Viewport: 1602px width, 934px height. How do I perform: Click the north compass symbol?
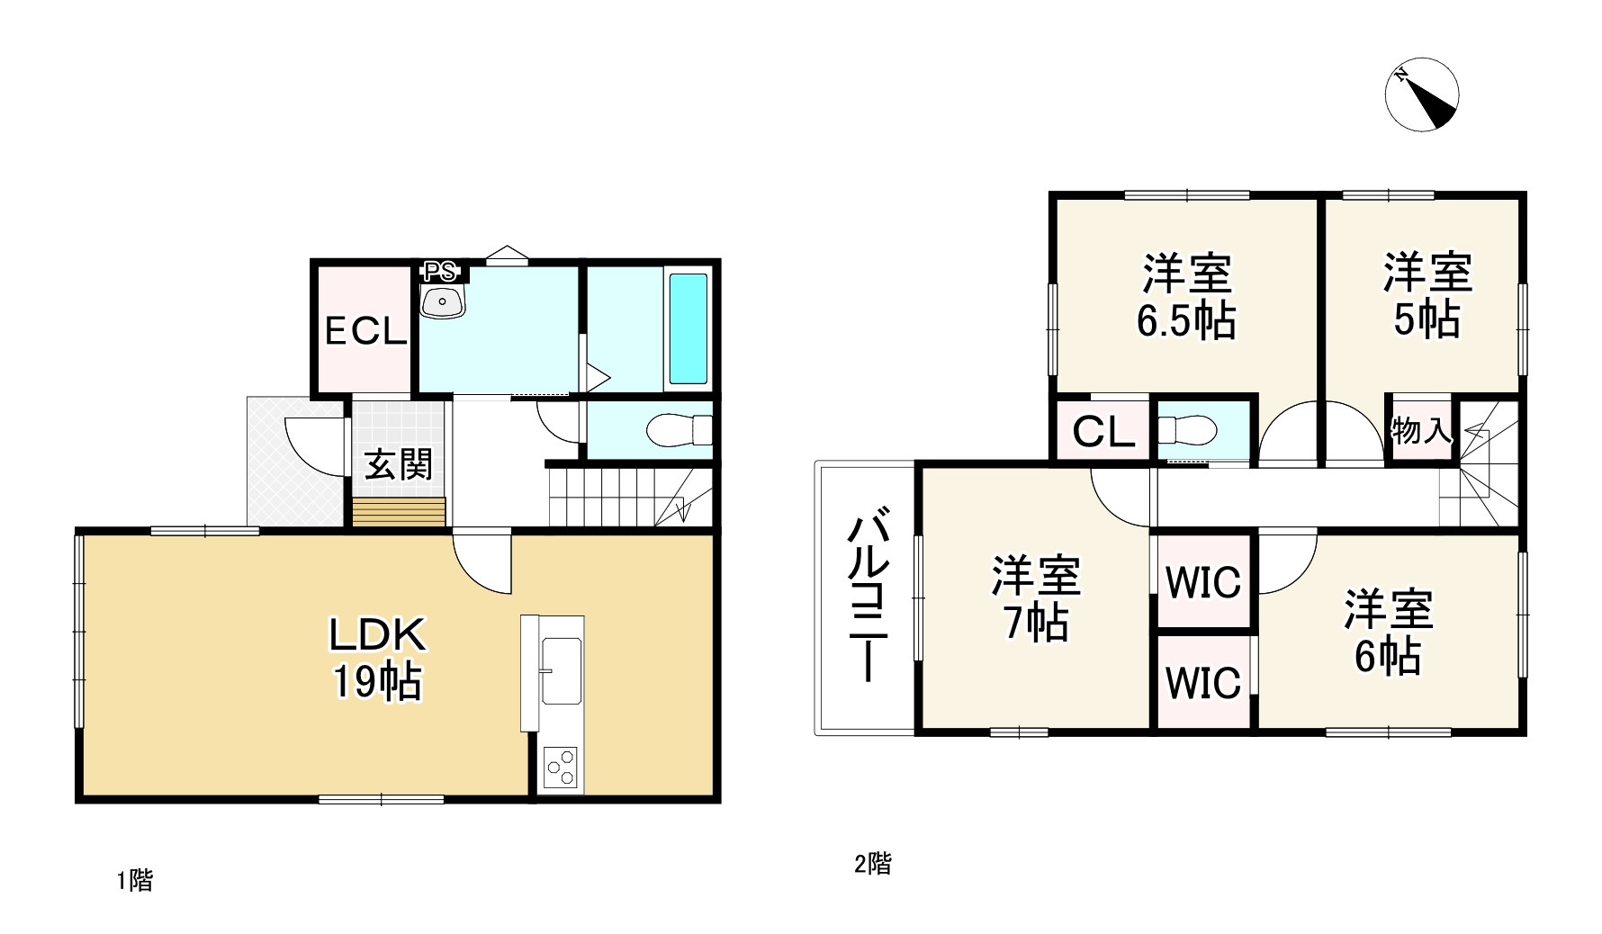pyautogui.click(x=1422, y=95)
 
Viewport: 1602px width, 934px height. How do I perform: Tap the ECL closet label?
pyautogui.click(x=365, y=332)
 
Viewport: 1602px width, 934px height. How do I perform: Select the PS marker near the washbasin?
pyautogui.click(x=440, y=271)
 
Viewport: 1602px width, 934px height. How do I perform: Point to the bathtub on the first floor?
pyautogui.click(x=688, y=328)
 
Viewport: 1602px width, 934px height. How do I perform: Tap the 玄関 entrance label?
pyautogui.click(x=398, y=464)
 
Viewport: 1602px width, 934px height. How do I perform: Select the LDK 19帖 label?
pyautogui.click(x=377, y=659)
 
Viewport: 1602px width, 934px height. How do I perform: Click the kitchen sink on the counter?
pyautogui.click(x=561, y=671)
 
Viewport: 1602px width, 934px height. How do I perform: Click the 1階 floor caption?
pyautogui.click(x=134, y=880)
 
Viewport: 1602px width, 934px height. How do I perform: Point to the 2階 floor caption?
pyautogui.click(x=872, y=865)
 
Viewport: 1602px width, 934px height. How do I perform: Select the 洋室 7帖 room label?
pyautogui.click(x=1036, y=598)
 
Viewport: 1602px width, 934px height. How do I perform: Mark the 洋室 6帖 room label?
pyautogui.click(x=1389, y=632)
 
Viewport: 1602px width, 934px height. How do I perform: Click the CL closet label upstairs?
pyautogui.click(x=1103, y=434)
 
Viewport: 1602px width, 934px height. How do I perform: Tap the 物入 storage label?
pyautogui.click(x=1420, y=431)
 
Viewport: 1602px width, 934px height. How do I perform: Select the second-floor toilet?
pyautogui.click(x=1188, y=430)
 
